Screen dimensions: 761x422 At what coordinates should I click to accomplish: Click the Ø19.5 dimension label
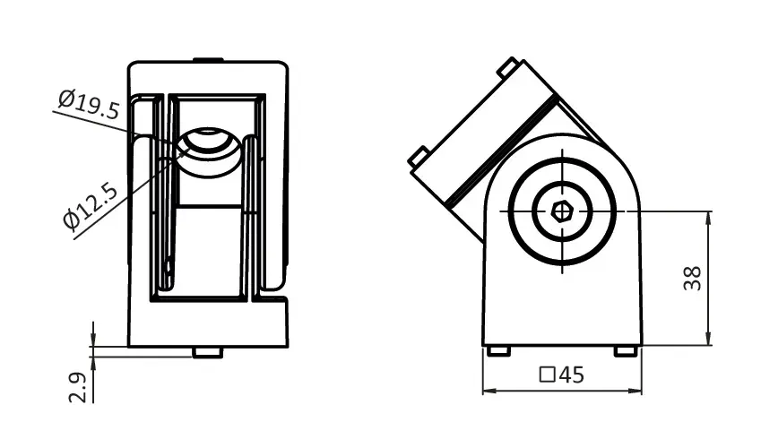[x=89, y=103]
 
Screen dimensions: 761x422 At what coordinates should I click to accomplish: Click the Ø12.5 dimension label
[x=91, y=205]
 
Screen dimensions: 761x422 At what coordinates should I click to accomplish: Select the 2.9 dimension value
[x=77, y=387]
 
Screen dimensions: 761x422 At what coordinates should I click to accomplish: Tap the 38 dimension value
[x=692, y=278]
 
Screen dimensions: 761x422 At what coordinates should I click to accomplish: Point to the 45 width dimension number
[x=571, y=375]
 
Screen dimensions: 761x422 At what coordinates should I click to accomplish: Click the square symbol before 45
[x=547, y=375]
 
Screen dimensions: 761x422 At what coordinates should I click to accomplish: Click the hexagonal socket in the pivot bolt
[x=562, y=211]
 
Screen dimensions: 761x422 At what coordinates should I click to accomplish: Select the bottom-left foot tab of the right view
[x=498, y=350]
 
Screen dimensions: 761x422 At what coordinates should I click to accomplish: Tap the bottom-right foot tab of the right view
[x=626, y=350]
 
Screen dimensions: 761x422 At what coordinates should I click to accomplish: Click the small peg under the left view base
[x=208, y=353]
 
